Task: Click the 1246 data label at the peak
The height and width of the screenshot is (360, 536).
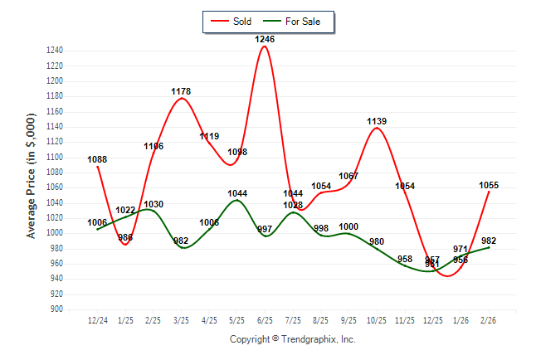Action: (265, 39)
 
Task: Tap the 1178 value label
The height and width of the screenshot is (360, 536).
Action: (181, 92)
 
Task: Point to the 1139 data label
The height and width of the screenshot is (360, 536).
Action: (377, 122)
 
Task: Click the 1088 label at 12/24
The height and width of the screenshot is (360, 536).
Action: (97, 160)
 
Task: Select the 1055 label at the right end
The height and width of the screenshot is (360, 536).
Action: (488, 186)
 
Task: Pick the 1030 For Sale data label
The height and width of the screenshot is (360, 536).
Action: (153, 204)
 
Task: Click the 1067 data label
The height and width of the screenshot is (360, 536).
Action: (348, 176)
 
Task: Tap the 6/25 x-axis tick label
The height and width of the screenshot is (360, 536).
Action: (265, 319)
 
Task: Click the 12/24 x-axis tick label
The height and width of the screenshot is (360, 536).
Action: (97, 319)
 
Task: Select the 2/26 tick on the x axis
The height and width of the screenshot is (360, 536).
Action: (488, 319)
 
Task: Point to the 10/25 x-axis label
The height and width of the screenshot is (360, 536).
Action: (377, 319)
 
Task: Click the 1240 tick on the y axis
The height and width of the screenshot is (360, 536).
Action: (55, 51)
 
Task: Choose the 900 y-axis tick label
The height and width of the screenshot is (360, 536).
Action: (57, 309)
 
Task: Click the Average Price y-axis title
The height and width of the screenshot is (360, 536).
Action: (31, 177)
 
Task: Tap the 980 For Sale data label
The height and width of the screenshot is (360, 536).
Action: (377, 242)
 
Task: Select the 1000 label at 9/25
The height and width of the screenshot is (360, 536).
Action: (348, 227)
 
